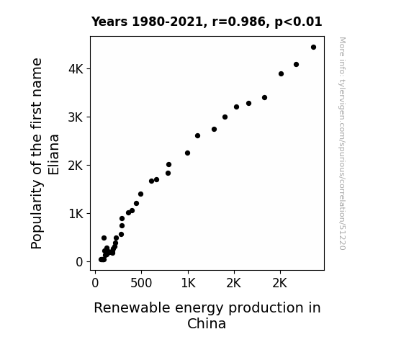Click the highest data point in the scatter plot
pos(313,48)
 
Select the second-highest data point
pos(296,65)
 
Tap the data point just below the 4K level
pos(282,74)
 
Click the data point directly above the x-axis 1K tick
pos(187,153)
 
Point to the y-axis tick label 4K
pos(76,69)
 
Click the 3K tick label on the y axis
pos(76,117)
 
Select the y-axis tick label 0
pos(79,262)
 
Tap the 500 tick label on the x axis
pos(141,283)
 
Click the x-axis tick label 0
pos(95,283)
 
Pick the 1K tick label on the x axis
pos(188,283)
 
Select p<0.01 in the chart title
pos(298,22)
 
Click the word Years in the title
pos(109,22)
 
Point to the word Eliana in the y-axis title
pos(53,155)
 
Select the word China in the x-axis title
pos(207,323)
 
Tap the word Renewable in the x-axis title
pos(132,307)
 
